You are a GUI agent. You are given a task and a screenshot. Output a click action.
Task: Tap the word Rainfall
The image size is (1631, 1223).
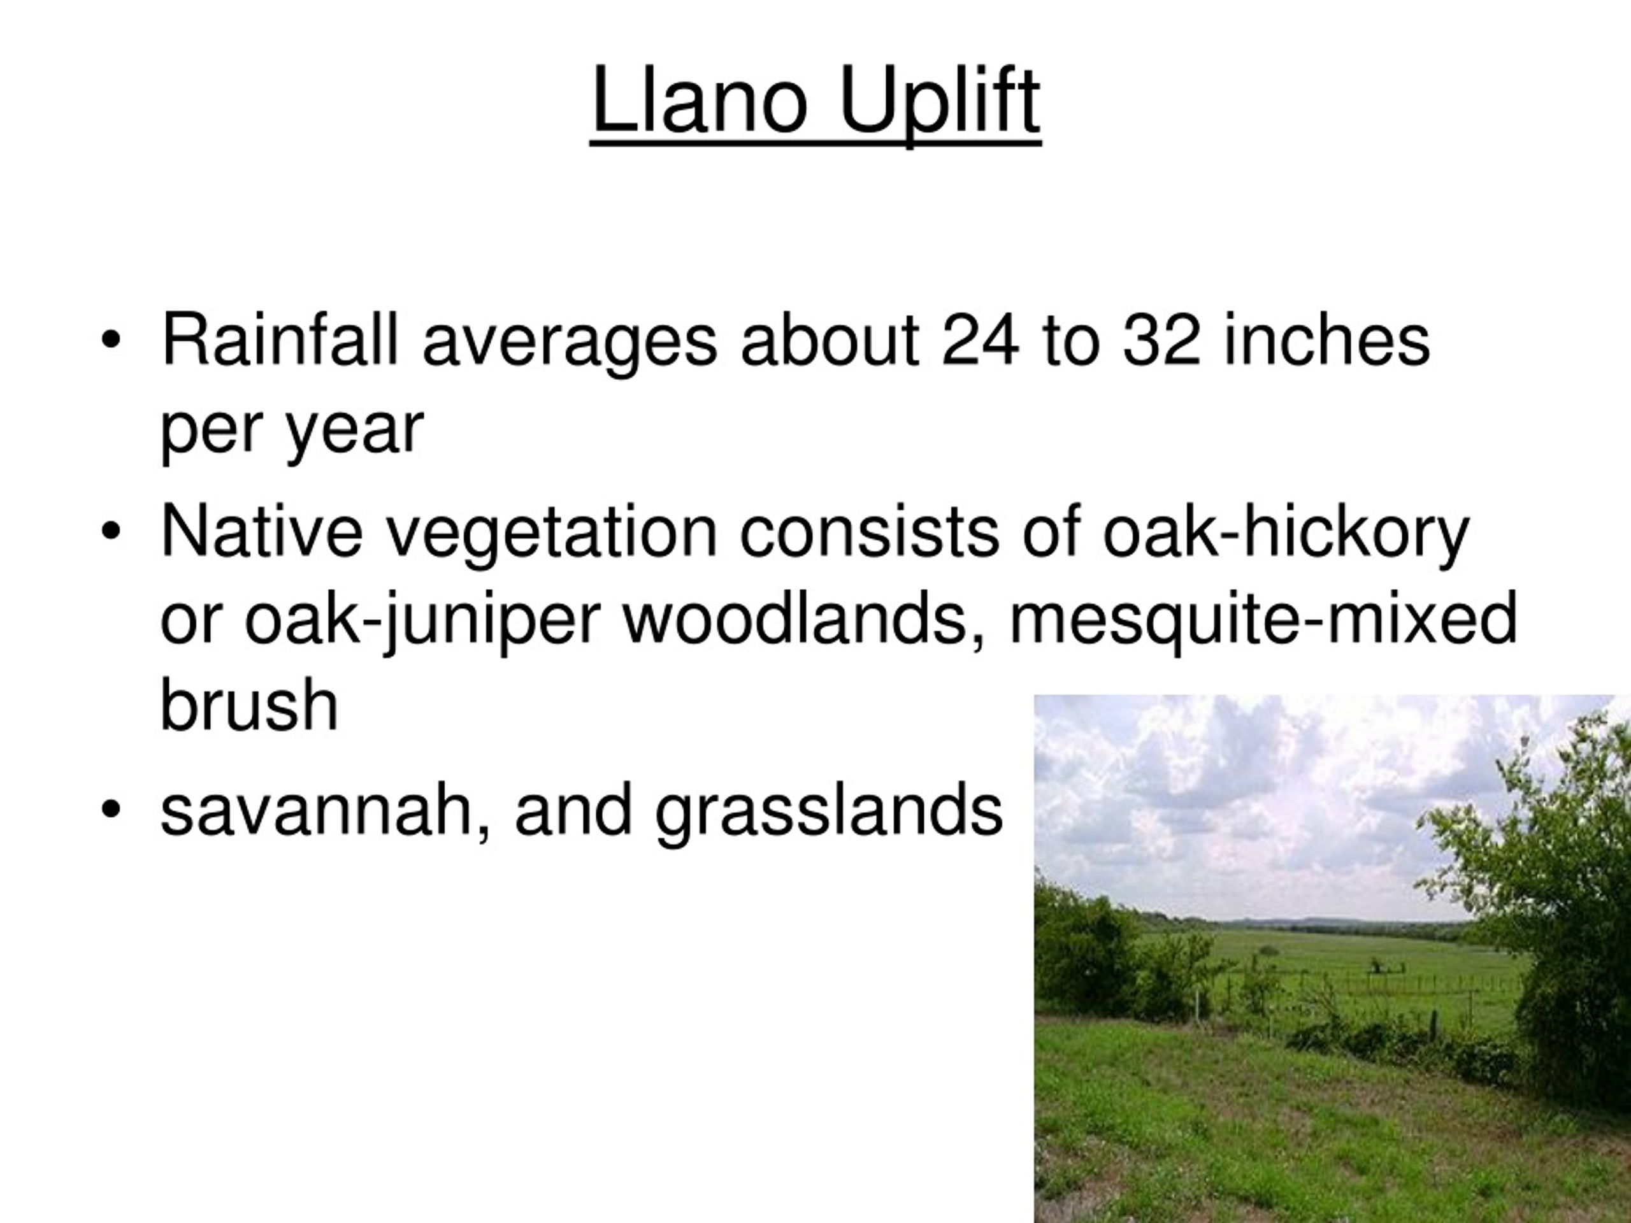click(280, 340)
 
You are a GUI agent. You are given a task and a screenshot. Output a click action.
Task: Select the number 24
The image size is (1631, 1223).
click(980, 340)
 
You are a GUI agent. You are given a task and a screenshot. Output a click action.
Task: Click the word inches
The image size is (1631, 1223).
click(1326, 340)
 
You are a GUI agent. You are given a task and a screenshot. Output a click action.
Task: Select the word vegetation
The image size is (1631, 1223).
click(552, 533)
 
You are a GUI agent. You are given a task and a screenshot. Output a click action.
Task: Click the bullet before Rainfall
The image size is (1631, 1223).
click(111, 341)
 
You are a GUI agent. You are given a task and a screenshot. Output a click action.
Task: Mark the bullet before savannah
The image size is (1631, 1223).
click(111, 810)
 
